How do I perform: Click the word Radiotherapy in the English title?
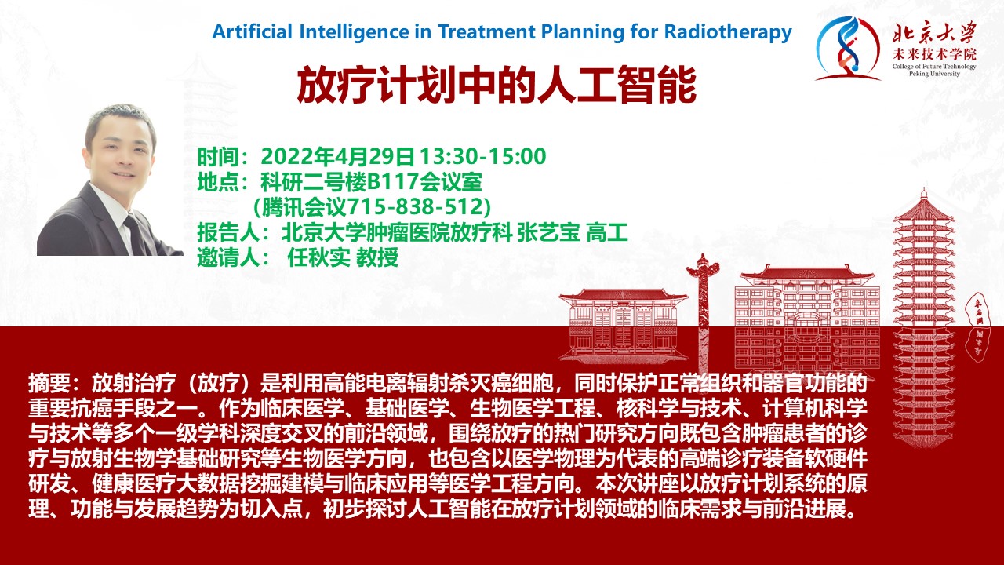click(x=728, y=32)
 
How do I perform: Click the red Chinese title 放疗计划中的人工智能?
click(x=497, y=85)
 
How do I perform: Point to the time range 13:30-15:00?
click(x=482, y=156)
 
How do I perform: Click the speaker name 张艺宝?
click(x=548, y=233)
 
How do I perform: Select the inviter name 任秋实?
click(x=318, y=258)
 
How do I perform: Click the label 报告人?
click(x=228, y=233)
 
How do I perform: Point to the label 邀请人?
click(x=228, y=258)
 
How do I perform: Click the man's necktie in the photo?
click(x=136, y=234)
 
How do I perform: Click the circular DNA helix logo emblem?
click(x=847, y=49)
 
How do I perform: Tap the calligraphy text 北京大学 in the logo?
click(x=934, y=34)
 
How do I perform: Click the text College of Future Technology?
click(x=934, y=67)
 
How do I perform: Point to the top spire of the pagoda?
click(x=923, y=194)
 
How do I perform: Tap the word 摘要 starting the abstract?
click(x=49, y=383)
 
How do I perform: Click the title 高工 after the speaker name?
click(x=607, y=233)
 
